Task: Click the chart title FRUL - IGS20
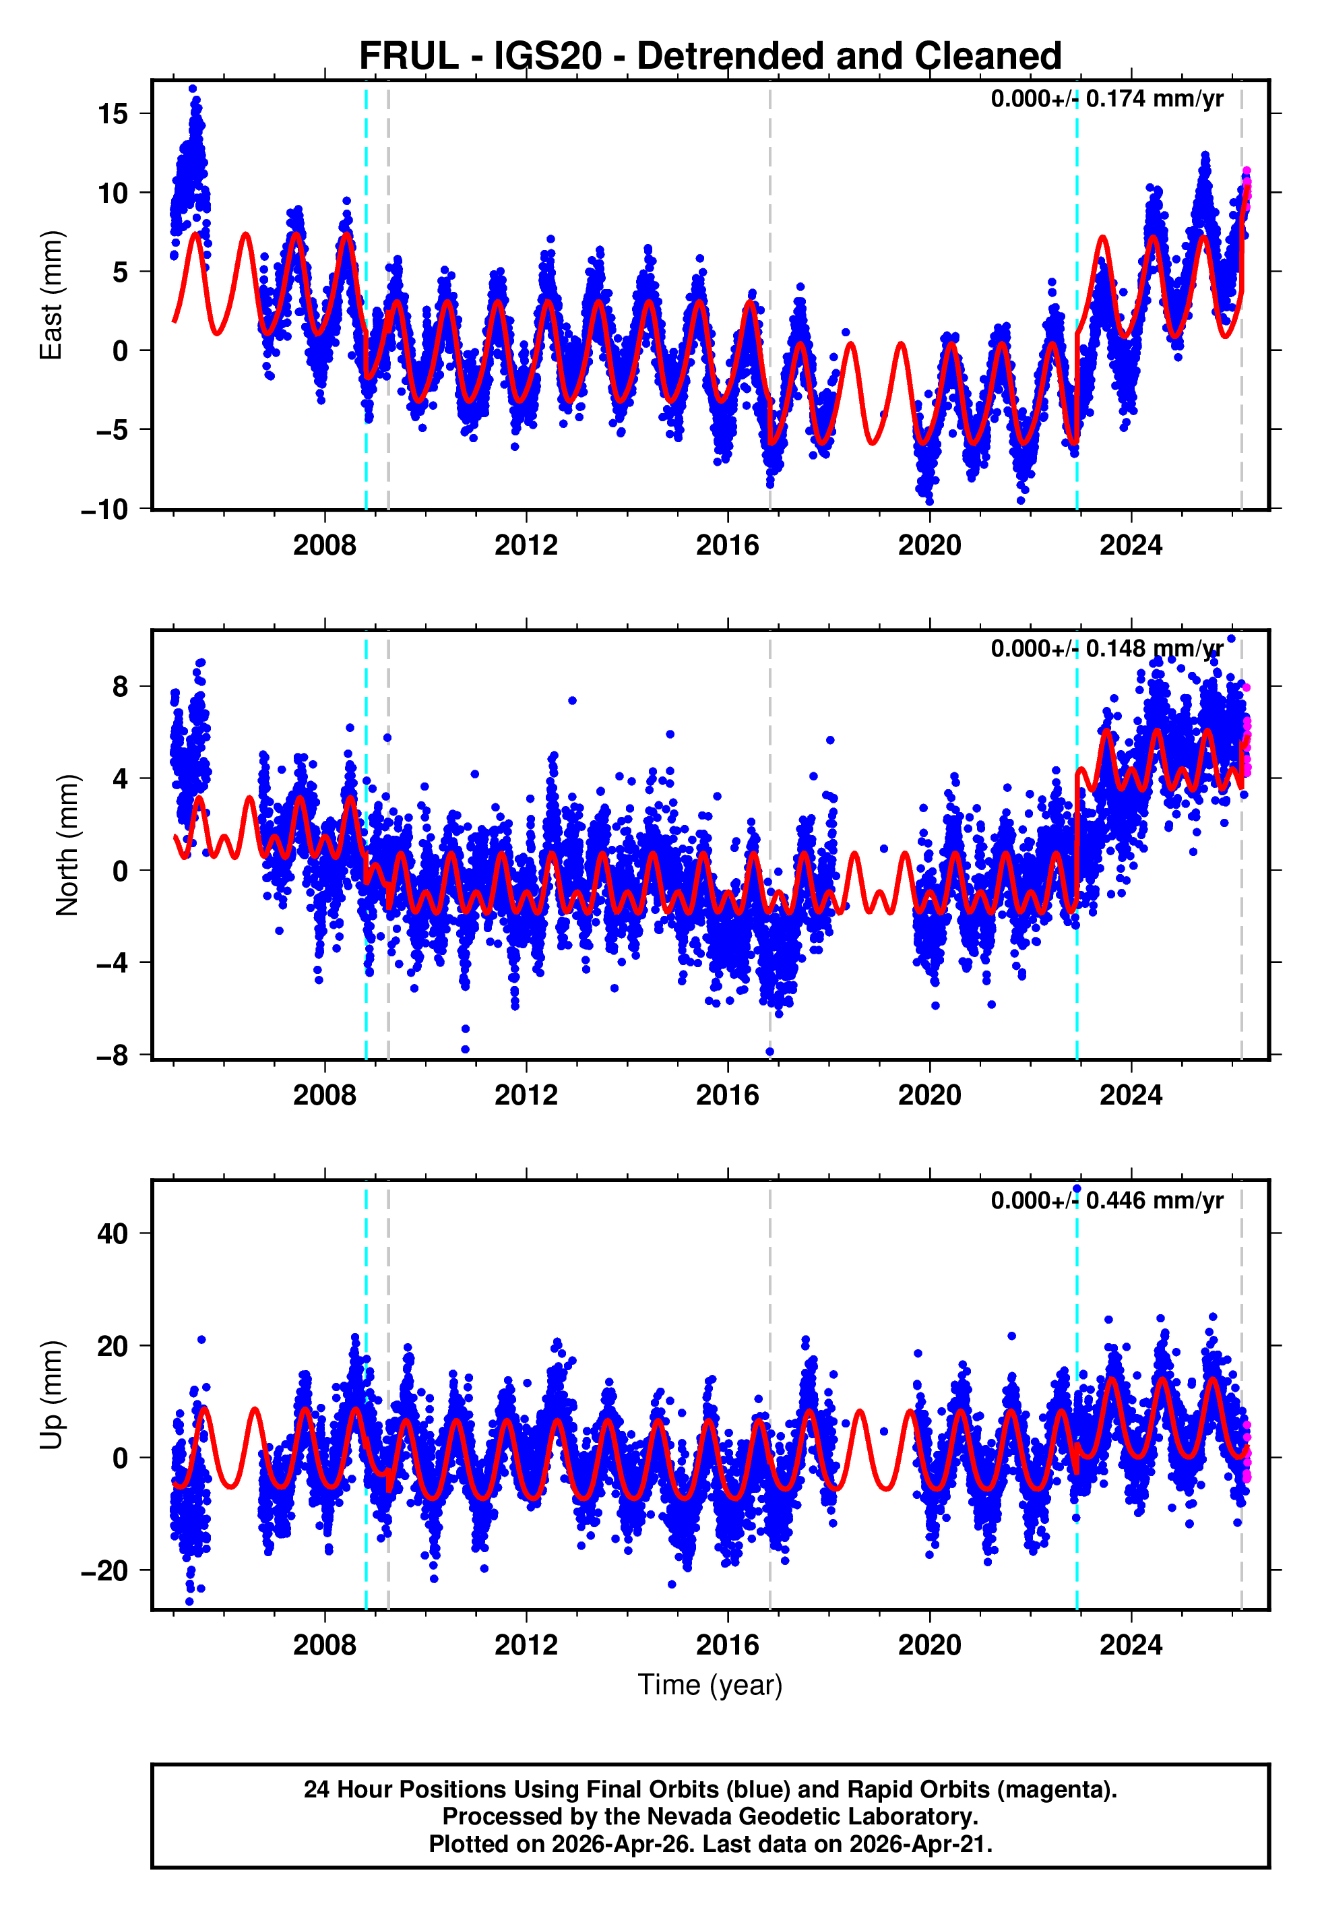(x=710, y=57)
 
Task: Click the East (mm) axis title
(x=51, y=295)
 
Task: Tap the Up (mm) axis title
(x=51, y=1395)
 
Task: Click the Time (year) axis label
(x=710, y=1686)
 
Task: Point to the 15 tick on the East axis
(x=113, y=113)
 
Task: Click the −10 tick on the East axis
(x=104, y=510)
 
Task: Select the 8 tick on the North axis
(x=121, y=687)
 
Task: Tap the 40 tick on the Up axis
(x=113, y=1233)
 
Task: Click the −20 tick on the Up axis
(x=104, y=1570)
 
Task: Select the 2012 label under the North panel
(x=526, y=1095)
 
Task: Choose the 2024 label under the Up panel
(x=1131, y=1645)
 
